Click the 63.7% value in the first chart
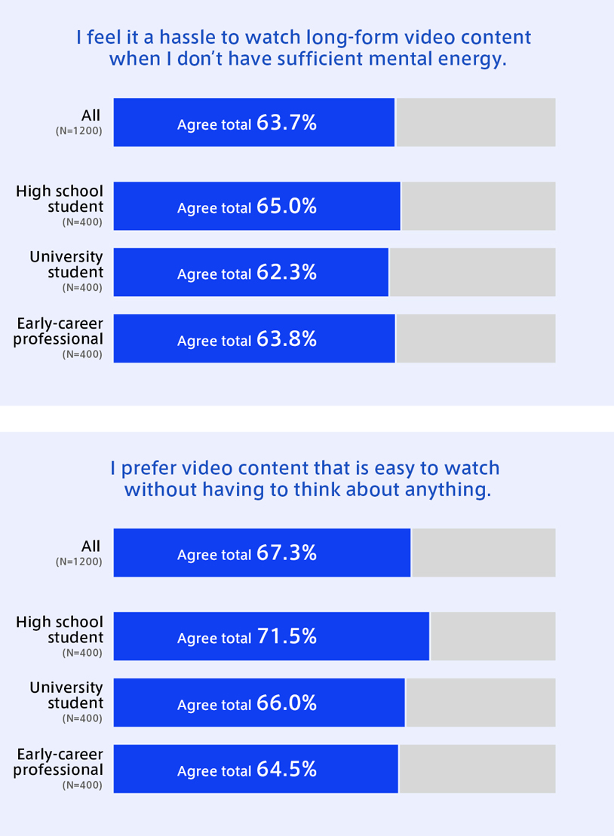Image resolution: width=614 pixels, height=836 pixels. (x=287, y=123)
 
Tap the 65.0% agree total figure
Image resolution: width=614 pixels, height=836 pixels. (x=287, y=206)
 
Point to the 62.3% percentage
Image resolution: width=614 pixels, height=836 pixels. (x=287, y=272)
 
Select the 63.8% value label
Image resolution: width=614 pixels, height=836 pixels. (x=287, y=339)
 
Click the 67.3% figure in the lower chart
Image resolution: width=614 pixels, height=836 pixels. (x=287, y=553)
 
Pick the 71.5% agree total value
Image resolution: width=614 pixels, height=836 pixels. (x=287, y=637)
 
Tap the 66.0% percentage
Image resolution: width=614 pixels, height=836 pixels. (x=287, y=703)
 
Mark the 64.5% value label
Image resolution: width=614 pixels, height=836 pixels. (x=287, y=770)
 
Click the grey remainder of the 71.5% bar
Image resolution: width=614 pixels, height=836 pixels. (x=493, y=637)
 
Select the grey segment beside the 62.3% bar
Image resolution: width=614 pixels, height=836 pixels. (x=472, y=272)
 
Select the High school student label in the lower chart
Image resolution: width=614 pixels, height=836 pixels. (x=60, y=629)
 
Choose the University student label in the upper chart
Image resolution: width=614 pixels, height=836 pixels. (x=66, y=264)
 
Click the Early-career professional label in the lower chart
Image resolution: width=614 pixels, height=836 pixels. (x=58, y=762)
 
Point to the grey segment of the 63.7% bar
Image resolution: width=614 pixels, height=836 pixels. (x=476, y=123)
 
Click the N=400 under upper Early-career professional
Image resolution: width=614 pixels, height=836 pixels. (x=82, y=354)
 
